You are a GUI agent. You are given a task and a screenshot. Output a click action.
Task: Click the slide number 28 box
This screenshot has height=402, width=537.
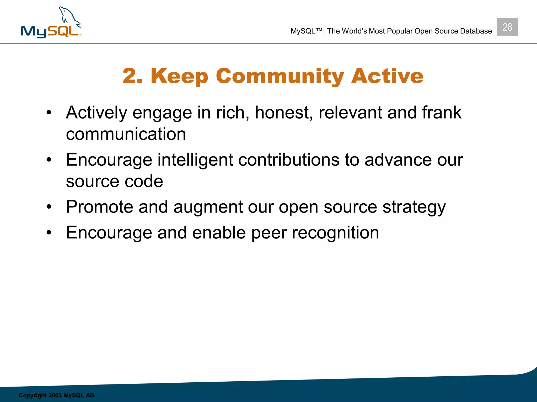point(507,27)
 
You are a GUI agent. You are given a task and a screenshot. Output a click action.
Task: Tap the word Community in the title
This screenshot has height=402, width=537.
point(280,76)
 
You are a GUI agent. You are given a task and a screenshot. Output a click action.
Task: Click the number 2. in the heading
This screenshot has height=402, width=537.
point(132,76)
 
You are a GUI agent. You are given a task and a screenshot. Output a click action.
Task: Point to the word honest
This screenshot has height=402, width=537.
point(284,113)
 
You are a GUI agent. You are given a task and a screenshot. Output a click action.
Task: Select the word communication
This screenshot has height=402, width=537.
point(126,134)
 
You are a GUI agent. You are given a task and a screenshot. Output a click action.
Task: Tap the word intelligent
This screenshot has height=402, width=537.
point(195,160)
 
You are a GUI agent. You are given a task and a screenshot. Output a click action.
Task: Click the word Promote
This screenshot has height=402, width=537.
point(100,207)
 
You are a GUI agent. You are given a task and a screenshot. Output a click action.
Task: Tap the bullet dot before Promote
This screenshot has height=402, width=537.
point(49,207)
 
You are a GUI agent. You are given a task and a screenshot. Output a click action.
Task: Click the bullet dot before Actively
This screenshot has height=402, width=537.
point(49,113)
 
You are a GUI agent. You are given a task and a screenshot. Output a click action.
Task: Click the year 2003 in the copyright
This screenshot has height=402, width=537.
point(55,395)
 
